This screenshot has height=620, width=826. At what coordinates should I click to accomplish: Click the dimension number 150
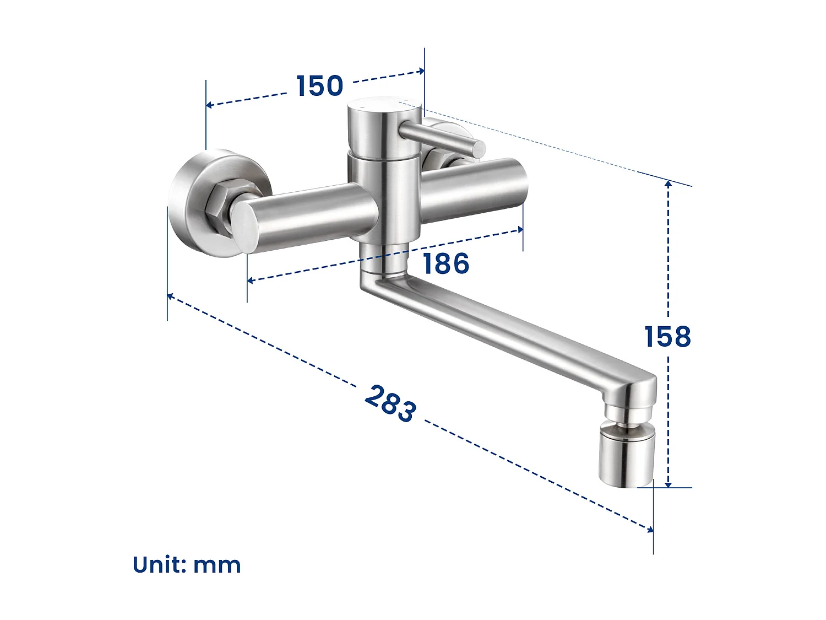click(320, 86)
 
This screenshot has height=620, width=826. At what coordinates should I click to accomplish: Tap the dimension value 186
click(446, 263)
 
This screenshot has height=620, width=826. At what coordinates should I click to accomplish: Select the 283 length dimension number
click(390, 404)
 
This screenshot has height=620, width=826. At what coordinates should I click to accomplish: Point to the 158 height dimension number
click(667, 337)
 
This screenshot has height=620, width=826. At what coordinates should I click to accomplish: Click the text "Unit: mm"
click(187, 565)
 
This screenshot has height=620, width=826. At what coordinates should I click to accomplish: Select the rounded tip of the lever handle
click(479, 148)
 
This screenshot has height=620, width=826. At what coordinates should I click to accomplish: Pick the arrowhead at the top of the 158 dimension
click(668, 184)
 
